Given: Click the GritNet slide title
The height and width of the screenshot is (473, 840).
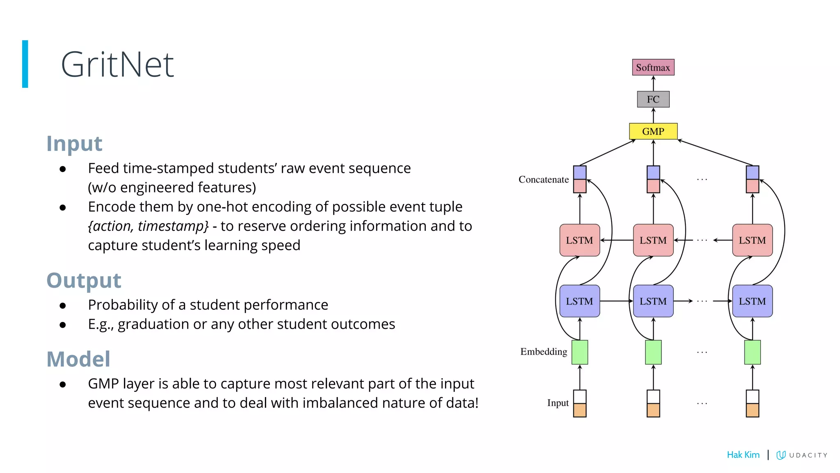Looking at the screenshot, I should pos(117,64).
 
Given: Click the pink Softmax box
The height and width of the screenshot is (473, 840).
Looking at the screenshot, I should pos(653,67).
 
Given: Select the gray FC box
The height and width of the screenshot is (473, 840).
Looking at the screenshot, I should pos(653,99).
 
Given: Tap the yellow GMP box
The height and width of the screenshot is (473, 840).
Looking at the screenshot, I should pos(653,131).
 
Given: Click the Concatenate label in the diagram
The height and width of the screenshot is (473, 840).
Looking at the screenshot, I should pos(543,179).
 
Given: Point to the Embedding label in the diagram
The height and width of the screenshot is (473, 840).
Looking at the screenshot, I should pos(543,351).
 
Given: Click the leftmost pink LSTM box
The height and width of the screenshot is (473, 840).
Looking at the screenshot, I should pos(580,240).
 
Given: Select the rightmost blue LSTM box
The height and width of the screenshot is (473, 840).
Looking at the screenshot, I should pos(752,301).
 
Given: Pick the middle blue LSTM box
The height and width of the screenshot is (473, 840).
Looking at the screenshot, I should pos(653,301).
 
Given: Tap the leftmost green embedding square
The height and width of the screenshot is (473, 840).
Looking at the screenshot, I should pos(580,352).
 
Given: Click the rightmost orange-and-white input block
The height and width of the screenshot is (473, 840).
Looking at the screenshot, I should pos(752,403).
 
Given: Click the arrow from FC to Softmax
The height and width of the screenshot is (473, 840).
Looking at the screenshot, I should pos(653,83).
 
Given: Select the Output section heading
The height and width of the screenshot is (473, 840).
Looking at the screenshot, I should pos(84,280).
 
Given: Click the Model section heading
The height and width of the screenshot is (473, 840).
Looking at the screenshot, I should pos(78,359).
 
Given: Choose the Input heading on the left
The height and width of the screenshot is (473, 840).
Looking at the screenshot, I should pos(74,143).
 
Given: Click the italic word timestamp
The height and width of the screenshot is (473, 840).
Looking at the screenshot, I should pos(173,226).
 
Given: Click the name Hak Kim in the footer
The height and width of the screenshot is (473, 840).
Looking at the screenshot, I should pos(743,455).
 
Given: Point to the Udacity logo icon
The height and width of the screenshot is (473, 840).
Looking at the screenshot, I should pos(781,455).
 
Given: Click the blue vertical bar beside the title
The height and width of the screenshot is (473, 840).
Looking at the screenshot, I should pos(25,64).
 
